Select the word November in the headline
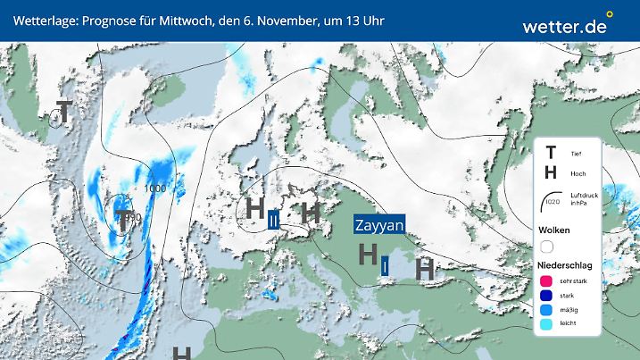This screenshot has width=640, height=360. point(281,20)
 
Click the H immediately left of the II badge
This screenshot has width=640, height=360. point(254,211)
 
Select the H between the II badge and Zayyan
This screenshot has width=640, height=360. point(311,213)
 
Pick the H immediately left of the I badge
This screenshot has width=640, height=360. point(366,255)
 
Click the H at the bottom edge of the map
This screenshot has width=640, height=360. point(183,354)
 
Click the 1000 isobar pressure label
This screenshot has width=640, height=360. point(154,189)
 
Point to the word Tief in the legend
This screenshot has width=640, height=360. point(576,154)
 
